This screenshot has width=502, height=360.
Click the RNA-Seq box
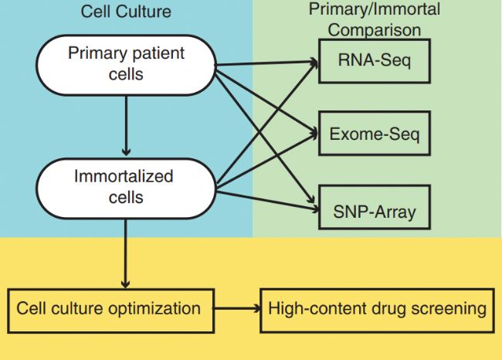(x=375, y=61)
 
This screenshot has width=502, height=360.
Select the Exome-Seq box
(x=375, y=133)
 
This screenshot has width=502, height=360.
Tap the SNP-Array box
(x=375, y=207)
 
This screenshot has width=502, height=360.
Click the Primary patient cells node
(x=126, y=65)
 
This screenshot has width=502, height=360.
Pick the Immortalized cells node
(x=126, y=188)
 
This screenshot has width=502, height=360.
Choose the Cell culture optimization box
(x=110, y=311)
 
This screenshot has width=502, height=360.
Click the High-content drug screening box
(x=377, y=311)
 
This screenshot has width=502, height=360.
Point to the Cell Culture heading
(x=126, y=12)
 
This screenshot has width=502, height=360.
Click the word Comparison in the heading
(x=375, y=30)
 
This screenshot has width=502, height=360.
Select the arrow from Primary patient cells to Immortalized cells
(x=126, y=126)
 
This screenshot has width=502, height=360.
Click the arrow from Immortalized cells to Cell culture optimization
(x=125, y=253)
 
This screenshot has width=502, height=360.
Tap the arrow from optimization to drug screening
(x=237, y=309)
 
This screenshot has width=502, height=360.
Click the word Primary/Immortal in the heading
(x=375, y=9)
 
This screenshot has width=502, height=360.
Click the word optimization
(x=154, y=309)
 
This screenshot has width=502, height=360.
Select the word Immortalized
(x=124, y=176)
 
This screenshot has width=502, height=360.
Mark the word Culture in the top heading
(x=144, y=12)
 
